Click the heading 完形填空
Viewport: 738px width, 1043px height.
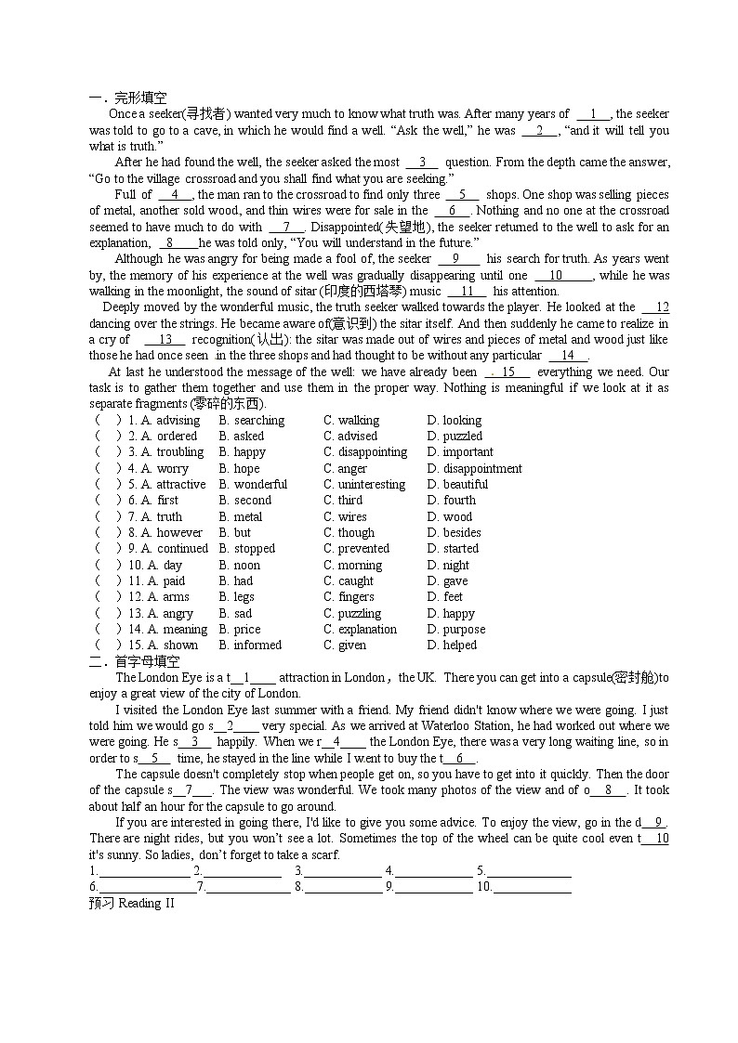[x=140, y=98]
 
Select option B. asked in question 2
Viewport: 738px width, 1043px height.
[x=241, y=436]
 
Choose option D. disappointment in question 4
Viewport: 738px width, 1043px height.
[x=474, y=468]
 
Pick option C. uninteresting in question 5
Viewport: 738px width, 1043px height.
[x=364, y=484]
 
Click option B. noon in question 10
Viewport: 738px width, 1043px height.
[x=239, y=565]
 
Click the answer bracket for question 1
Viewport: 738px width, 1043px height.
[x=108, y=420]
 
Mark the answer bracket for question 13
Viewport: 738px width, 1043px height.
[x=108, y=613]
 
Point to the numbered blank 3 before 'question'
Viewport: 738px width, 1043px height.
[x=422, y=162]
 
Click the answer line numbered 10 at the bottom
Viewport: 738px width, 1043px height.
[x=532, y=887]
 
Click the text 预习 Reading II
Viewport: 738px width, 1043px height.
[x=131, y=904]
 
